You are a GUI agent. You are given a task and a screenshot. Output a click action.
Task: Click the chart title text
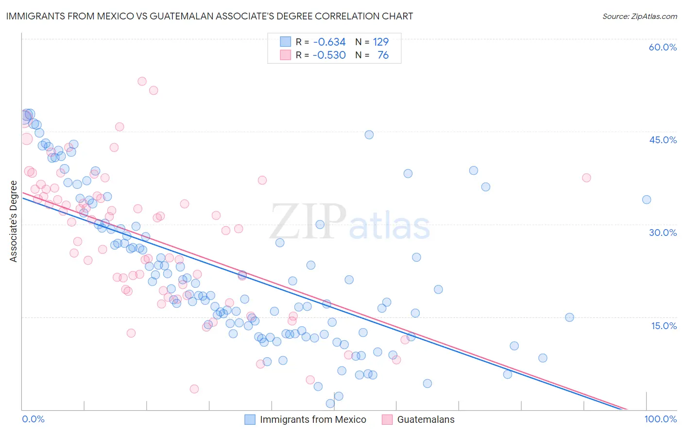pos(209,16)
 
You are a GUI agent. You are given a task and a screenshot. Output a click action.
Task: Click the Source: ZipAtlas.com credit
pos(639,16)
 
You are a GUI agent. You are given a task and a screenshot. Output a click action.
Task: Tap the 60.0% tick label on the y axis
pos(663,47)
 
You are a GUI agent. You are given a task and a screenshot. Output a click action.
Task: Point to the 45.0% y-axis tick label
pos(663,140)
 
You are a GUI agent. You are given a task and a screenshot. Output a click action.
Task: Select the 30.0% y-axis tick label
pos(663,233)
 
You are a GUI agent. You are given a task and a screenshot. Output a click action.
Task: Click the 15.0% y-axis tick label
pos(664,326)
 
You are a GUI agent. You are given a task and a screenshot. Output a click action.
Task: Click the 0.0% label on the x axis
pos(33,419)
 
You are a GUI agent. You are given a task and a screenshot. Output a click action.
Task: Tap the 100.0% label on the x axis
pos(661,419)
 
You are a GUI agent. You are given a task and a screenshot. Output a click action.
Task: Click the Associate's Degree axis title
pos(14,221)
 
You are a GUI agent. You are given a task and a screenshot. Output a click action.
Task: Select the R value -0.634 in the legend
pos(329,42)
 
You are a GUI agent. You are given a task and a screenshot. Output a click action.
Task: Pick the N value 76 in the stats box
pos(383,55)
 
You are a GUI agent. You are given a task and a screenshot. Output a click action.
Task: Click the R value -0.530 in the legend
pos(329,55)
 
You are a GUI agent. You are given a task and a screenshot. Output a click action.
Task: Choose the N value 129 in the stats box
pos(381,42)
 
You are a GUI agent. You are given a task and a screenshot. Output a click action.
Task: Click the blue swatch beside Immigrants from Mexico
pos(250,419)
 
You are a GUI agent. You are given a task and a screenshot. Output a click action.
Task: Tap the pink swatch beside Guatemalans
pos(387,419)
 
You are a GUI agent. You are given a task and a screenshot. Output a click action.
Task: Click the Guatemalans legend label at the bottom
pos(426,419)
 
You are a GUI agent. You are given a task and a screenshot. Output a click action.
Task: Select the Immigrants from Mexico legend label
pos(313,419)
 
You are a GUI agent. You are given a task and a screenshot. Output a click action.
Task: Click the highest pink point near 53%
pos(142,81)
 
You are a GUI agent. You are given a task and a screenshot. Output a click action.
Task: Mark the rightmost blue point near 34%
pos(647,200)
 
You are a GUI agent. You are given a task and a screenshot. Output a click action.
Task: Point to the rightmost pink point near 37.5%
pos(586,178)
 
